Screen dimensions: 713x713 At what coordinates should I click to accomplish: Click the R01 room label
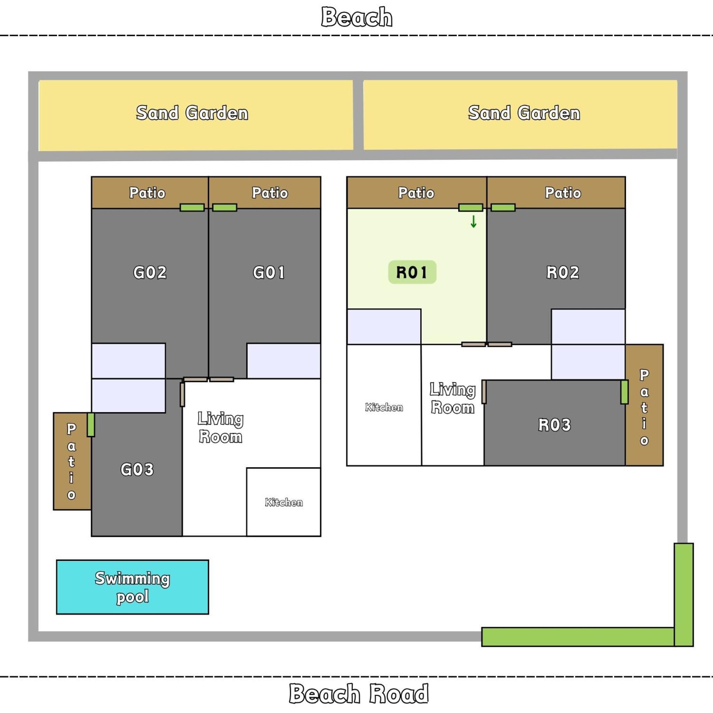[412, 272]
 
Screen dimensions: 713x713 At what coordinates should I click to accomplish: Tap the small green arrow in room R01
[473, 221]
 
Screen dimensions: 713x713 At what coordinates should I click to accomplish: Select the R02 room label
[563, 272]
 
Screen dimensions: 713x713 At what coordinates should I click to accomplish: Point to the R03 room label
[555, 425]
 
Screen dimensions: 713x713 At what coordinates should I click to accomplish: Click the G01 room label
[269, 272]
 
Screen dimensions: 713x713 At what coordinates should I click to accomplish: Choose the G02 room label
[150, 272]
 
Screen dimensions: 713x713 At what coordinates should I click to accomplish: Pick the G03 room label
[137, 469]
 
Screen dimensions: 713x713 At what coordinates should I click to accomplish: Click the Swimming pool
[133, 587]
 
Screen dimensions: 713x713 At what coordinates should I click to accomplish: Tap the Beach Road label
[359, 694]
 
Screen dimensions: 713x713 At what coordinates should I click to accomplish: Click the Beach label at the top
[356, 17]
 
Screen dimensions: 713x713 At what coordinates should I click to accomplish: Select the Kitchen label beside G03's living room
[284, 502]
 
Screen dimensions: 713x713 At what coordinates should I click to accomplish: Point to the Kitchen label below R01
[384, 407]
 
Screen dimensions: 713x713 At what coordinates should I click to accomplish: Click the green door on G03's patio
[91, 425]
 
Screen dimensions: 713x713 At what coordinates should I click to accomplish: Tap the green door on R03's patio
[625, 392]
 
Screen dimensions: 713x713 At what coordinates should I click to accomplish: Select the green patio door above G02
[192, 207]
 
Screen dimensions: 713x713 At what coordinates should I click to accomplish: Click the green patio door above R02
[503, 207]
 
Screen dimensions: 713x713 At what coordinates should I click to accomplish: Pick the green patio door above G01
[225, 207]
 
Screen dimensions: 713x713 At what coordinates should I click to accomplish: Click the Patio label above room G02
[147, 193]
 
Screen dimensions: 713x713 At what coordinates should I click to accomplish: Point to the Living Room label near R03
[453, 399]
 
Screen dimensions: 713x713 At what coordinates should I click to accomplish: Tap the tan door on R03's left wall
[484, 392]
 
